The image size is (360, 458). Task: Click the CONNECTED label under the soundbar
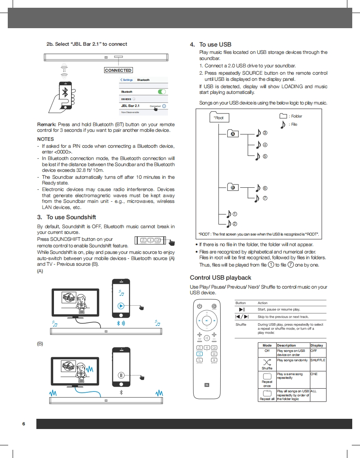click(x=118, y=70)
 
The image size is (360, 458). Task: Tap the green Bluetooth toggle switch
click(x=162, y=92)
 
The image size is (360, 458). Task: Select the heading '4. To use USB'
click(x=211, y=44)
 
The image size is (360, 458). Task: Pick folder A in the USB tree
click(x=233, y=133)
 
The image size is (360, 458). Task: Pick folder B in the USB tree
click(x=233, y=187)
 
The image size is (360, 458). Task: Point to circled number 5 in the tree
click(x=265, y=156)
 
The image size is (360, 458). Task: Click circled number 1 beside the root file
click(x=235, y=214)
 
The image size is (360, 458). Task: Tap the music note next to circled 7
click(x=257, y=199)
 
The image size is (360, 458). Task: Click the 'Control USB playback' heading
click(x=221, y=278)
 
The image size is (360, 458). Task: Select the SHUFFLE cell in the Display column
click(x=318, y=360)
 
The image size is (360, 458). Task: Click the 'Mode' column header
click(x=267, y=345)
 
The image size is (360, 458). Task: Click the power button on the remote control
click(x=199, y=306)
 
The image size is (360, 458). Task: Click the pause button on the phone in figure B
click(x=121, y=375)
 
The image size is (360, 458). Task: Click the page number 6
click(x=24, y=424)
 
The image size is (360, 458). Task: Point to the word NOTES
click(x=45, y=139)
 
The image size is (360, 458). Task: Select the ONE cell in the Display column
click(x=314, y=374)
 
